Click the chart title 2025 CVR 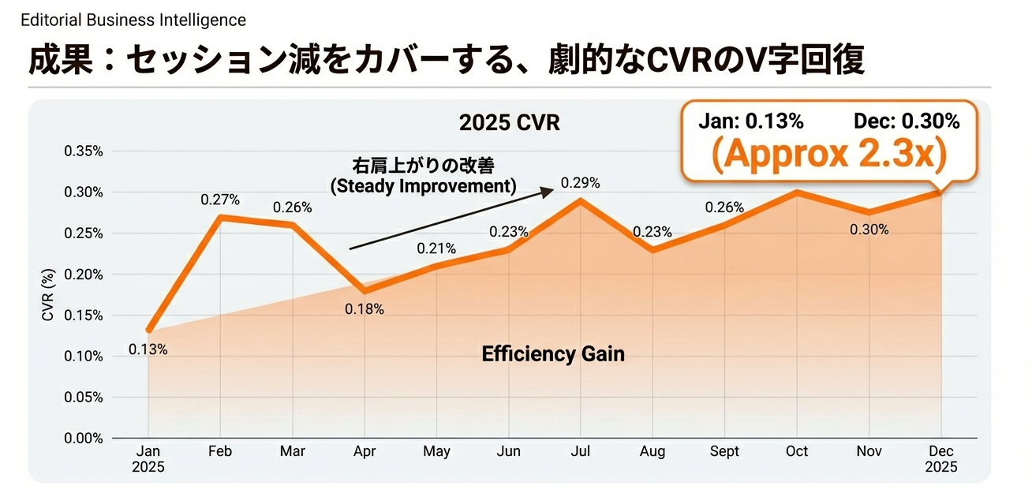click(509, 124)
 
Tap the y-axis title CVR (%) click(48, 294)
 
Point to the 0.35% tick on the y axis click(83, 151)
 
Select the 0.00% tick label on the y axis click(83, 438)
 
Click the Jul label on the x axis click(581, 451)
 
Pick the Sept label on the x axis click(724, 451)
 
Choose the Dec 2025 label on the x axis click(941, 458)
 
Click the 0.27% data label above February click(220, 200)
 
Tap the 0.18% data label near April click(364, 309)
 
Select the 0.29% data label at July click(580, 183)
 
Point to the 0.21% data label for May click(436, 248)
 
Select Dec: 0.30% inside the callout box click(907, 121)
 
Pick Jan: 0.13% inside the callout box click(750, 121)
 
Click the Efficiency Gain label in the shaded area click(552, 354)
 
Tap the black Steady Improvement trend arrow click(450, 219)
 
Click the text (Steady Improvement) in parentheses click(422, 186)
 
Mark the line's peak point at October click(797, 192)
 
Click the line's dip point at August click(652, 250)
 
